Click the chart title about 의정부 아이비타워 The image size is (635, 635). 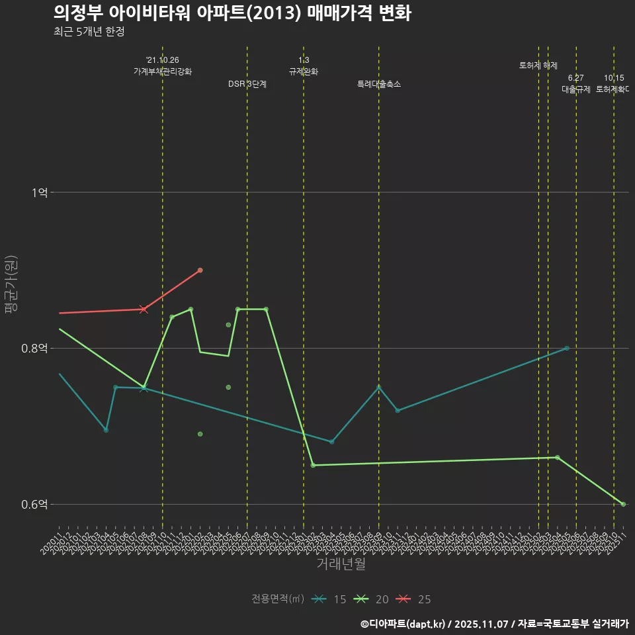pyautogui.click(x=232, y=13)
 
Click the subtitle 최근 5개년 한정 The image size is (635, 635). pyautogui.click(x=89, y=31)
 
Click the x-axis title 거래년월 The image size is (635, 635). pyautogui.click(x=341, y=564)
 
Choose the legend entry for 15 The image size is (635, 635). pyautogui.click(x=330, y=599)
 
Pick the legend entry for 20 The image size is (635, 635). pyautogui.click(x=372, y=599)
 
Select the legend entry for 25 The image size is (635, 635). pyautogui.click(x=415, y=599)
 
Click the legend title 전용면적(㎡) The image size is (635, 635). pyautogui.click(x=278, y=599)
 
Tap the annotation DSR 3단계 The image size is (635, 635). pyautogui.click(x=247, y=84)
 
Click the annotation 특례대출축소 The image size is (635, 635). pyautogui.click(x=379, y=84)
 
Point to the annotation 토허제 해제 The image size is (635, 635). pyautogui.click(x=538, y=65)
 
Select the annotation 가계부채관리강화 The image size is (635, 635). pyautogui.click(x=163, y=71)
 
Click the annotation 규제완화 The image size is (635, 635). pyautogui.click(x=304, y=71)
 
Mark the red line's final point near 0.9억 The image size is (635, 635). pyautogui.click(x=200, y=271)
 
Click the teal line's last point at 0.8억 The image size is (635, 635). pyautogui.click(x=567, y=349)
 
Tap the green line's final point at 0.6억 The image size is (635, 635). pyautogui.click(x=623, y=505)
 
